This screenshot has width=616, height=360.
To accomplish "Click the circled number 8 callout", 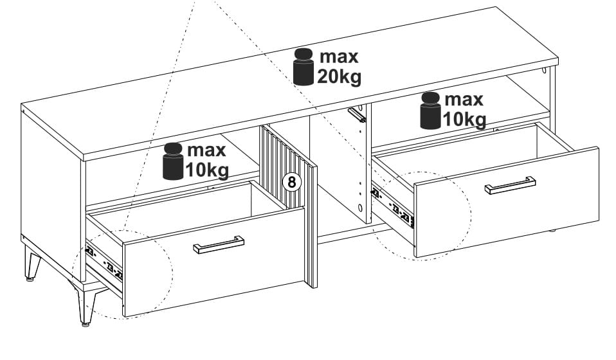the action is (291, 182).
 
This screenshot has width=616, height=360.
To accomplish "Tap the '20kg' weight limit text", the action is (339, 76).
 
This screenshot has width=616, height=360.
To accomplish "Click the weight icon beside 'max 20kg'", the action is (303, 67).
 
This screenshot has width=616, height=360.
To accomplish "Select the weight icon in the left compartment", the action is (173, 161).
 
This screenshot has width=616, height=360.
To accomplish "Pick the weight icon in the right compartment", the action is (431, 111).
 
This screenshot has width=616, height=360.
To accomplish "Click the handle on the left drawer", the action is (219, 244).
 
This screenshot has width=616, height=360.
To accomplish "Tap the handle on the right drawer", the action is (510, 185).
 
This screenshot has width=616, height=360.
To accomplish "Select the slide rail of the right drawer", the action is (392, 208).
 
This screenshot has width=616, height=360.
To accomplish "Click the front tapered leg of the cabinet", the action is (84, 302).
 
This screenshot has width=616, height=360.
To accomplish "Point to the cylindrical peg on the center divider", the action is (357, 114).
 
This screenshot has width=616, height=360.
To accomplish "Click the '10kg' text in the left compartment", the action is (207, 170).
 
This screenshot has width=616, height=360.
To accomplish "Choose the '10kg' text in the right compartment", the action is (465, 119).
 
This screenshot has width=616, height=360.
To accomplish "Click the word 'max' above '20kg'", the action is (339, 57).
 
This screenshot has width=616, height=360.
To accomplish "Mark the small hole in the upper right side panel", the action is (544, 71).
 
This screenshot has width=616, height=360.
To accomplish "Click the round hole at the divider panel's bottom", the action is (360, 208).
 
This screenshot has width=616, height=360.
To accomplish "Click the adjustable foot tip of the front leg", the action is (85, 324).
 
